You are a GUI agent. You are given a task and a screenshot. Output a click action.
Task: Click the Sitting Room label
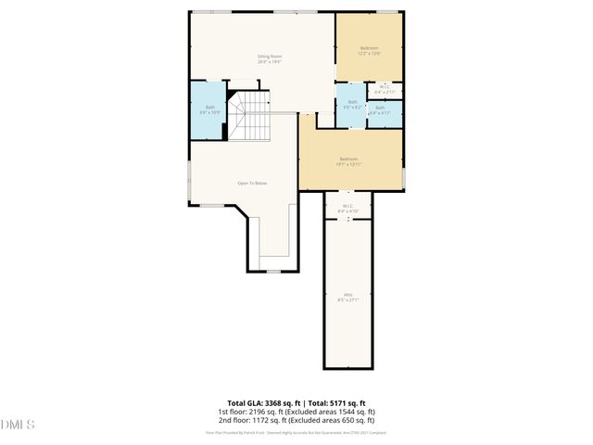point(270,57)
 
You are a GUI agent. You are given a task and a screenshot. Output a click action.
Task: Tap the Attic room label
point(348,296)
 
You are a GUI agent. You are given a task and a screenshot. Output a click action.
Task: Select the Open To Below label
point(252,183)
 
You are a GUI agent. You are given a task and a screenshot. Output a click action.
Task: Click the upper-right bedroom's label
point(369,47)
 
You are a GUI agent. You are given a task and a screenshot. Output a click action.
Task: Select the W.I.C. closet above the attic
point(348,208)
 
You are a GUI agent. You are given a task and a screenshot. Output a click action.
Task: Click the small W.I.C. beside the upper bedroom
point(385,89)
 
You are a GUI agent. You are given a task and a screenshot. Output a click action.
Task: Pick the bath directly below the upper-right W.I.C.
point(381,110)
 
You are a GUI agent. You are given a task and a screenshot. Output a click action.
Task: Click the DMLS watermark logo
point(18,425)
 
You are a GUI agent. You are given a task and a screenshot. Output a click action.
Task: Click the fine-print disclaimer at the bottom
point(296,432)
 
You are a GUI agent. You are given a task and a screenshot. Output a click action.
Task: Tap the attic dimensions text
point(348,300)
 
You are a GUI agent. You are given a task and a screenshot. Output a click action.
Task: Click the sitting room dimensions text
point(270,62)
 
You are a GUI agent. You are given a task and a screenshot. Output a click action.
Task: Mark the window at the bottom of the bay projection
point(272,272)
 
